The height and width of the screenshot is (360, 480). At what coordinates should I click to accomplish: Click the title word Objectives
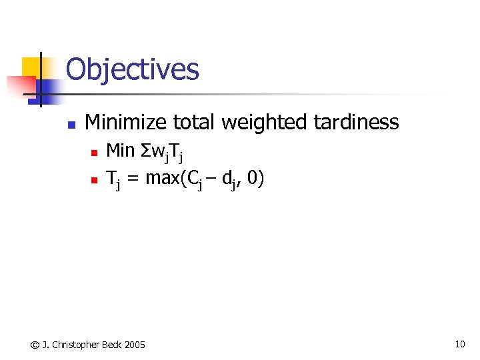coord(132,69)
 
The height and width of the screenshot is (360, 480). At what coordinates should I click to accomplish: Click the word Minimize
coord(126,122)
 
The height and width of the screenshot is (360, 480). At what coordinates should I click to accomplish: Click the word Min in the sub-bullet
coord(121,151)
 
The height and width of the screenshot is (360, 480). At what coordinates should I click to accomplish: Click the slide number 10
coord(459,344)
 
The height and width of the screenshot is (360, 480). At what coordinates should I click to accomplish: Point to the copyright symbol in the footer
coord(35,345)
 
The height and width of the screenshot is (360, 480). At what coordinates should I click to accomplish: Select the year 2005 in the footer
coord(134,345)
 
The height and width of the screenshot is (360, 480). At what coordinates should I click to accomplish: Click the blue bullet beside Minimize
coord(71,124)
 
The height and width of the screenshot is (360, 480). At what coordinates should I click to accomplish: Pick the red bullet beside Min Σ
coord(94,153)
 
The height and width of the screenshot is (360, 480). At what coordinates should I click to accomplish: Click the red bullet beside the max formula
coord(94,180)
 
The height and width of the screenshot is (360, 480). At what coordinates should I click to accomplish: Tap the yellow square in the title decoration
coord(31,67)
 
